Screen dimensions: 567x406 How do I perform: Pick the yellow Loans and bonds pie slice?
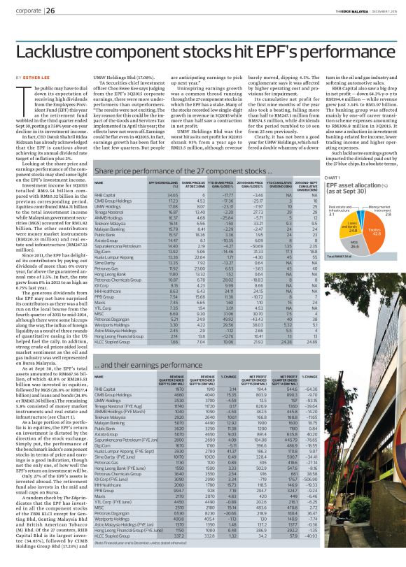[x=353, y=225]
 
